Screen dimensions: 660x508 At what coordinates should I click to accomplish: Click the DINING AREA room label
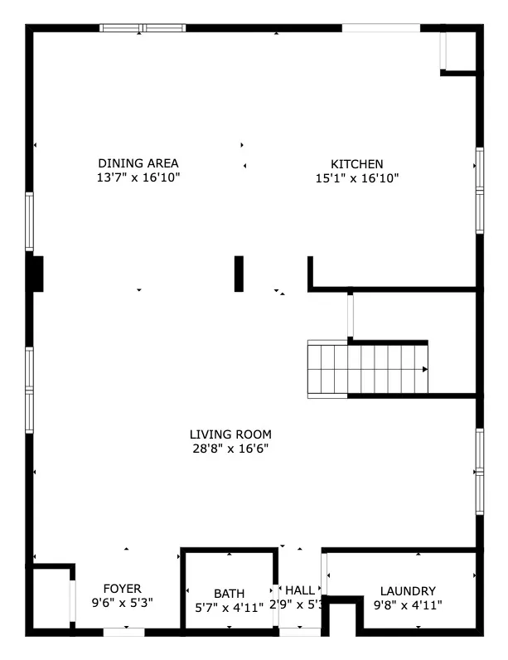tap(138, 163)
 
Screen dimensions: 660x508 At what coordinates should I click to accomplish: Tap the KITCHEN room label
tap(357, 164)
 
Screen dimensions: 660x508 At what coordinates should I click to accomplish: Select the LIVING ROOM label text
tap(230, 434)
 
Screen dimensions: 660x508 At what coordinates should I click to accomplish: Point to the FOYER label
tap(122, 589)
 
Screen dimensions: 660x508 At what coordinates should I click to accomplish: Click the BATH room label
tap(229, 594)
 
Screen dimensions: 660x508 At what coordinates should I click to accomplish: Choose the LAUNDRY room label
tap(408, 591)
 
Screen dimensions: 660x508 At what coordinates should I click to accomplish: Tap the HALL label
tap(300, 590)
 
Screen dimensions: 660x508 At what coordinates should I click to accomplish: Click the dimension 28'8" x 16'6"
tap(230, 449)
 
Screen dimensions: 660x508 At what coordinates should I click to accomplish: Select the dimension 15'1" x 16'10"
tap(357, 178)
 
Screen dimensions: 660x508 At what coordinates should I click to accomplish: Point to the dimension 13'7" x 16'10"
tap(138, 177)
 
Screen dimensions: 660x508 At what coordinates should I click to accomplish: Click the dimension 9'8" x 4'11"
tap(408, 605)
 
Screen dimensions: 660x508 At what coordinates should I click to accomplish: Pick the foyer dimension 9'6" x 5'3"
tap(122, 603)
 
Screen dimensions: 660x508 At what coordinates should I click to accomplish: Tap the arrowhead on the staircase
tap(425, 370)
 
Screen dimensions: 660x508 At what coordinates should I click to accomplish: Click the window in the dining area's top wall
tap(143, 28)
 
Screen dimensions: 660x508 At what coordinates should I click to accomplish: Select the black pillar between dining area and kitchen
tap(239, 274)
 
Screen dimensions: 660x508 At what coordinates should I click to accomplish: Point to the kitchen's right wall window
tap(479, 190)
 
